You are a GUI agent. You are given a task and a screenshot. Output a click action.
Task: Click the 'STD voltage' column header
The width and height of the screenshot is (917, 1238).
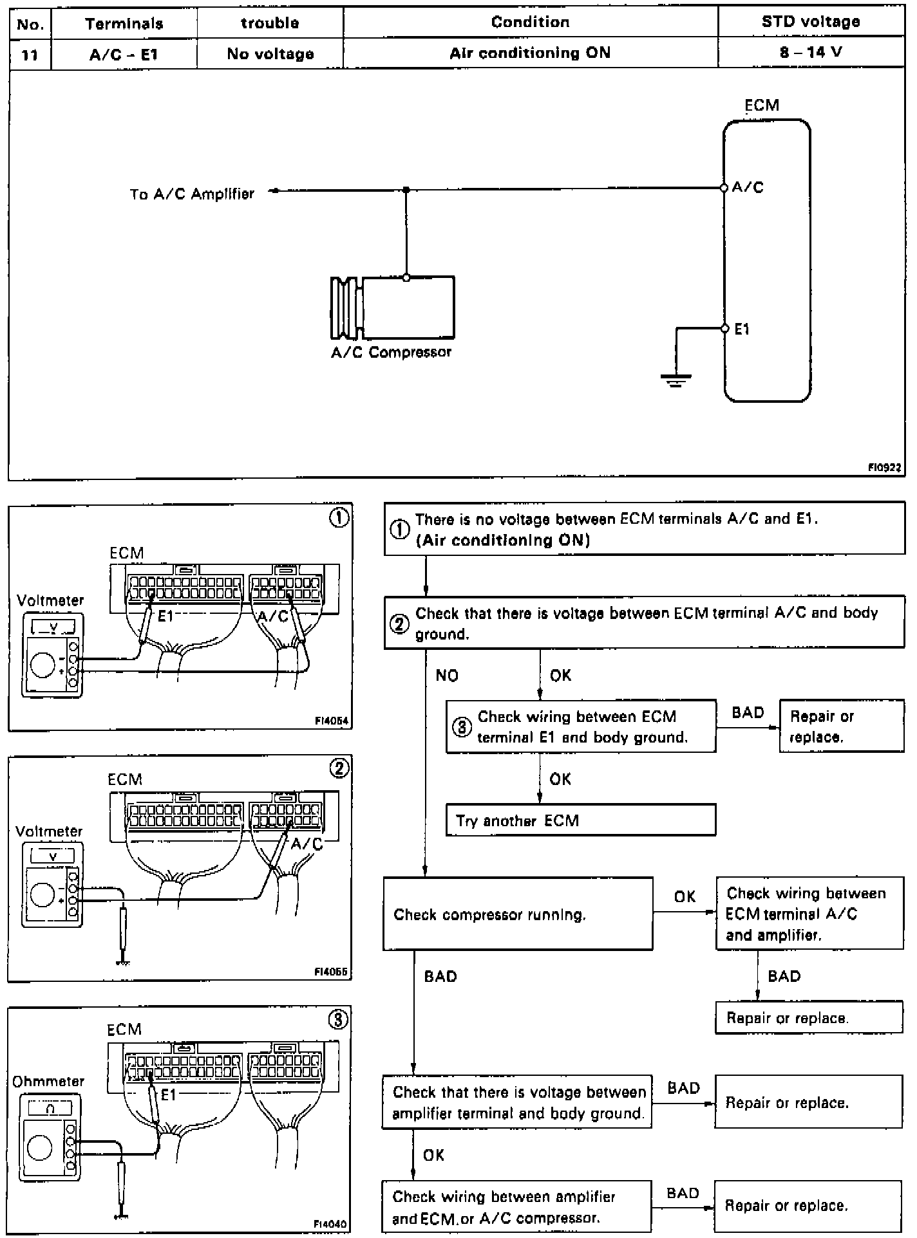click(810, 23)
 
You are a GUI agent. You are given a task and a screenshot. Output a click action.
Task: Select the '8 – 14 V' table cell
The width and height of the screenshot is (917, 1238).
click(810, 53)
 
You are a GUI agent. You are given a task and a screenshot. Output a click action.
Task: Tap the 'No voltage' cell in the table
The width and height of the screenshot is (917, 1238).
click(270, 54)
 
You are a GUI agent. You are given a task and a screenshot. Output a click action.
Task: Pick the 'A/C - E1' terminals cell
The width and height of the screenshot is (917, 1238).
click(123, 55)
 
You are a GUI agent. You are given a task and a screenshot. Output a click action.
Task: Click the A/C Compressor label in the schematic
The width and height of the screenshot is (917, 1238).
click(391, 353)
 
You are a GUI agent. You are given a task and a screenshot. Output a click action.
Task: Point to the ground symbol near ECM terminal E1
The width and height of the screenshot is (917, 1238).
click(676, 380)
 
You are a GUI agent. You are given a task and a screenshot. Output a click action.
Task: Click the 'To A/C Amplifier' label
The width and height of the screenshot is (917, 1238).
click(192, 194)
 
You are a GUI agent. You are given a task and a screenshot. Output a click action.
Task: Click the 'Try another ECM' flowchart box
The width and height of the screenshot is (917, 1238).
click(580, 820)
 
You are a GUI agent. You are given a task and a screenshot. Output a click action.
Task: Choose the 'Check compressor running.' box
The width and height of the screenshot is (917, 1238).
click(517, 914)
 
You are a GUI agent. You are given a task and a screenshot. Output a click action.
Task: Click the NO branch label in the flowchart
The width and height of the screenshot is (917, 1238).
click(447, 675)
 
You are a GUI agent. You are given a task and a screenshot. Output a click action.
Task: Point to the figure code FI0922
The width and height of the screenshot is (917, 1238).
click(884, 468)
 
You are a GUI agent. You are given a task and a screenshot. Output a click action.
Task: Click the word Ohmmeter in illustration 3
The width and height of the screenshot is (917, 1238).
click(48, 1082)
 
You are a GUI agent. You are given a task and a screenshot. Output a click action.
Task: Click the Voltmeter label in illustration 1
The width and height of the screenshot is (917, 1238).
click(50, 600)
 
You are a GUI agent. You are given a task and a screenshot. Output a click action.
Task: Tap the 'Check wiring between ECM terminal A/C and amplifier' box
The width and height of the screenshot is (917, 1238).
click(809, 914)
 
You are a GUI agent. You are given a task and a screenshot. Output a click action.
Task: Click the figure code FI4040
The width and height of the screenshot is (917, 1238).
click(331, 1223)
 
